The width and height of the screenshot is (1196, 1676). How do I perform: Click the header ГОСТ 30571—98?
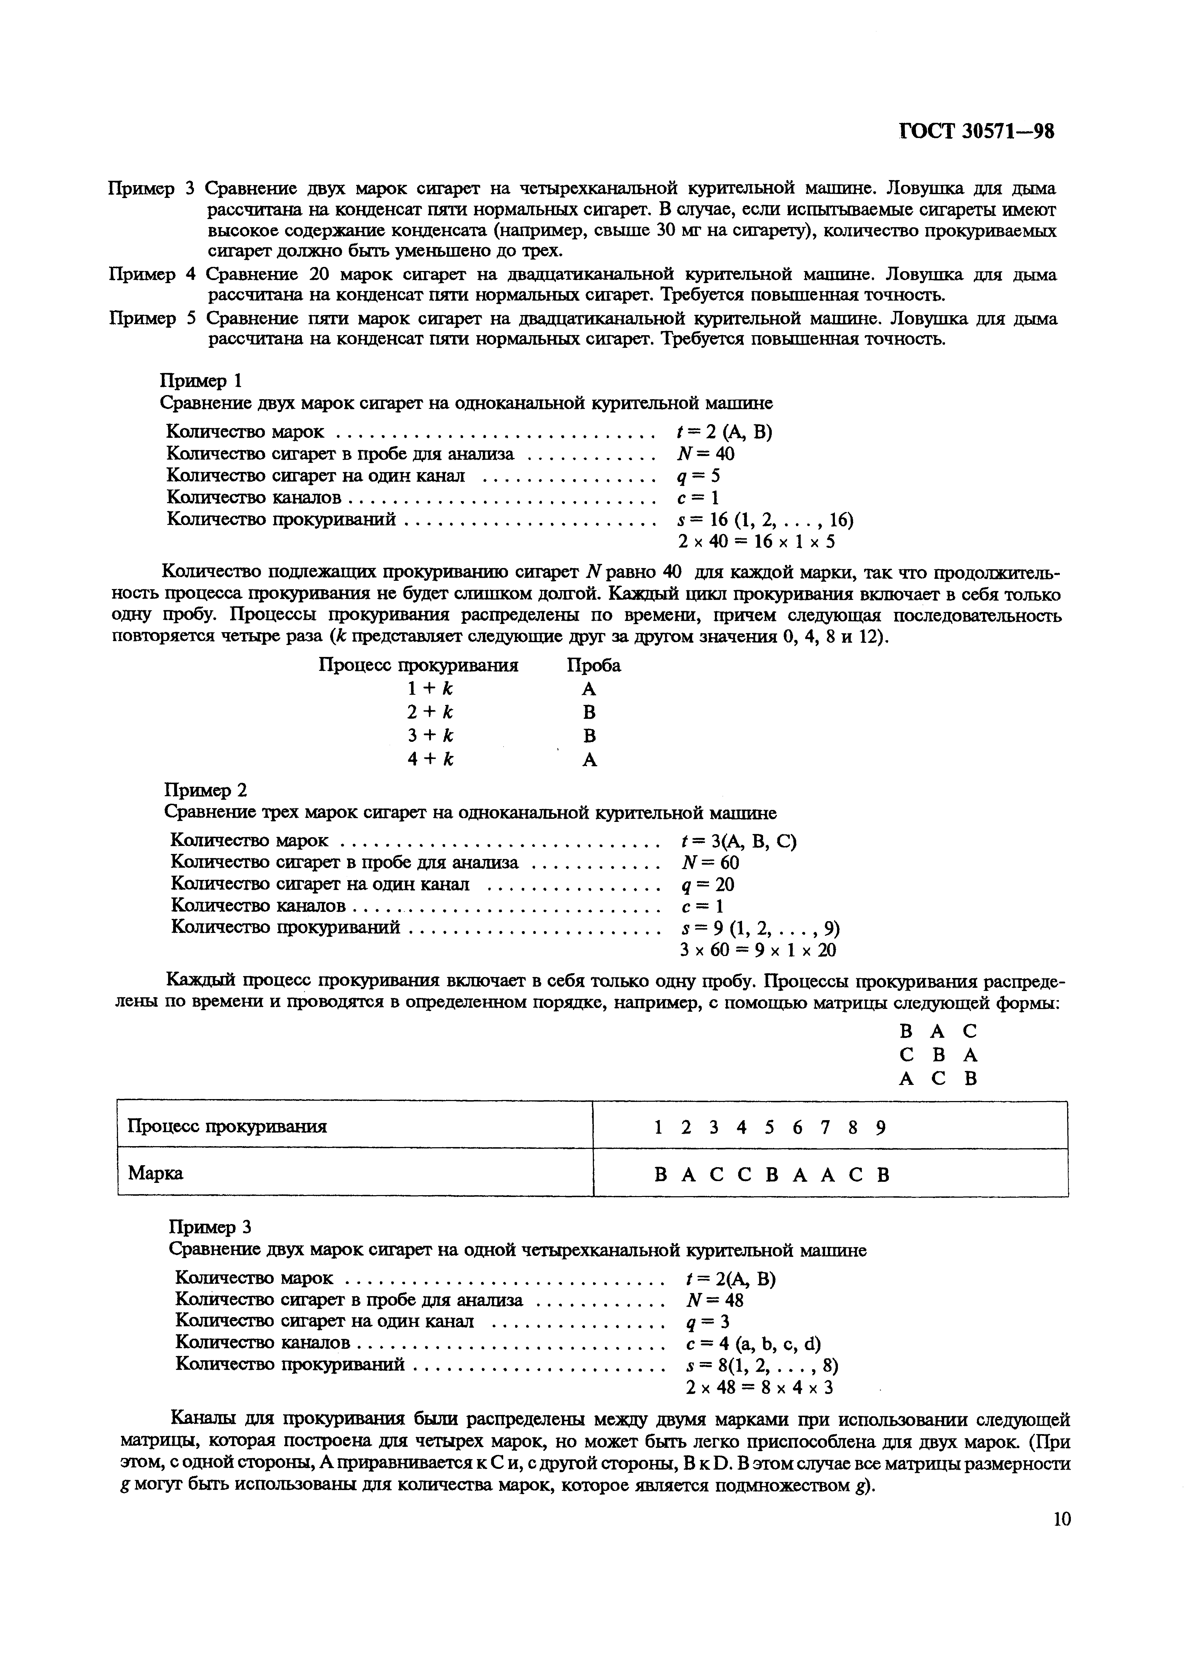(977, 132)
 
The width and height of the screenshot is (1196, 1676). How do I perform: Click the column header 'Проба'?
(594, 665)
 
